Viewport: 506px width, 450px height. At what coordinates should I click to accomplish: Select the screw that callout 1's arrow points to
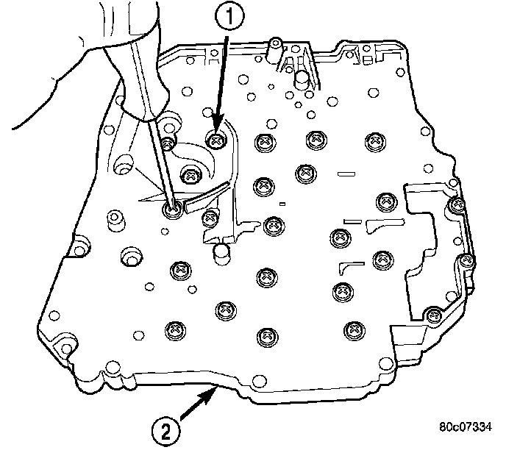coord(215,138)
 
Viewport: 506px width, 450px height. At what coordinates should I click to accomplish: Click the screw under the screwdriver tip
coord(174,211)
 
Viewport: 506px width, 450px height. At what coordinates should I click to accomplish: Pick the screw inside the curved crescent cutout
coord(191,175)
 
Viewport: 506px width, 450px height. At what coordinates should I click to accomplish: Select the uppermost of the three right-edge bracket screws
coord(457,204)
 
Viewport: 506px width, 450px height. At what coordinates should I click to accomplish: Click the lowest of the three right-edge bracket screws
coord(432,315)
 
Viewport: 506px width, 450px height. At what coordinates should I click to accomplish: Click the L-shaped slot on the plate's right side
coord(348,264)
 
